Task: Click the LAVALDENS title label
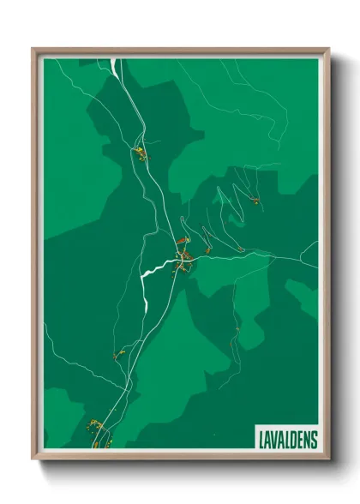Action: (287, 440)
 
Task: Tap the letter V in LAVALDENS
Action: (273, 440)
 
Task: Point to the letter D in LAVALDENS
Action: (293, 440)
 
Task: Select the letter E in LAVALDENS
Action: (300, 440)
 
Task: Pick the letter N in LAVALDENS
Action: (307, 440)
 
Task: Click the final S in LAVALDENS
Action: (314, 440)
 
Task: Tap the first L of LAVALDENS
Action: (260, 440)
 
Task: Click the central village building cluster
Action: (182, 255)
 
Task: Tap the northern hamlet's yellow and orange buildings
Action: (138, 154)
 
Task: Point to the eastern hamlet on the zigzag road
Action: (254, 201)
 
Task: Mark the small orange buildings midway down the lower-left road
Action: (118, 353)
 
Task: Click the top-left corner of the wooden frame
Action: (33, 50)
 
